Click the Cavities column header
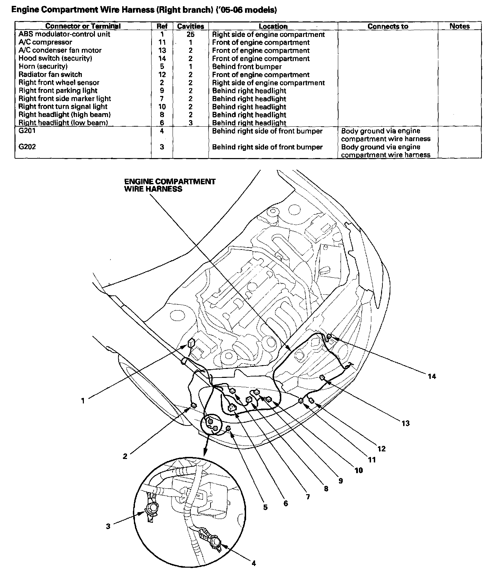[x=191, y=26]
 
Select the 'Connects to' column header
[x=388, y=26]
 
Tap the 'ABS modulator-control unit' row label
[x=65, y=34]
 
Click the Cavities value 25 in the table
[x=191, y=34]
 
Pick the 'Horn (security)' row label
[x=43, y=66]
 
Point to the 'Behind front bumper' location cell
[x=247, y=67]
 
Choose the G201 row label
[x=27, y=131]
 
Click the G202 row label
[x=27, y=147]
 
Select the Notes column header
[x=459, y=26]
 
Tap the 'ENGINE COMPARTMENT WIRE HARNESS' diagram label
[x=170, y=185]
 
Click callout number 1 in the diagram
[x=83, y=401]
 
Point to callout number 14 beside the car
[x=432, y=376]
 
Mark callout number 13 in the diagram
[x=406, y=423]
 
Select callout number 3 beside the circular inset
[x=108, y=526]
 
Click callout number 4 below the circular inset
[x=254, y=564]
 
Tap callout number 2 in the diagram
[x=125, y=456]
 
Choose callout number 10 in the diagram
[x=359, y=470]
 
